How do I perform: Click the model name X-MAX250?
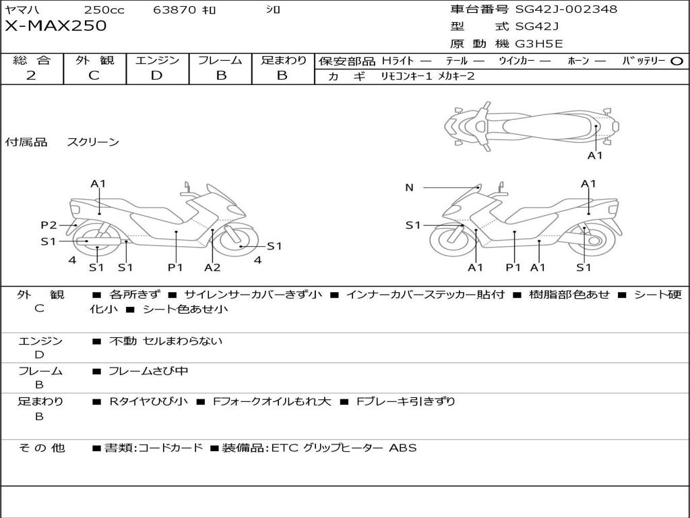(56, 26)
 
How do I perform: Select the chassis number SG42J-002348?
(566, 9)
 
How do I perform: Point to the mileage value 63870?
(175, 10)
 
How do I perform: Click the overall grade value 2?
(31, 76)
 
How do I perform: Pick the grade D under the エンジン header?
(157, 76)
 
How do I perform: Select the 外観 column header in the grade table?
(94, 60)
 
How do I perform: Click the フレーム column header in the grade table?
(220, 60)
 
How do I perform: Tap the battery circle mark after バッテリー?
(677, 61)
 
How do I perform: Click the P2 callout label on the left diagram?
(49, 225)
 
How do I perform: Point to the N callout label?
(409, 188)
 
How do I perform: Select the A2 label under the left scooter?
(212, 268)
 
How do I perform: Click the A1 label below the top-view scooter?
(595, 156)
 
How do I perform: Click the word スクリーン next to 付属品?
(93, 142)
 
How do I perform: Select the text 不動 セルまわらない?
(166, 341)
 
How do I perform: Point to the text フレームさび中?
(148, 371)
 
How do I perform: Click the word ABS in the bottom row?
(403, 448)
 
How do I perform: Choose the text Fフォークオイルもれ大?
(272, 401)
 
